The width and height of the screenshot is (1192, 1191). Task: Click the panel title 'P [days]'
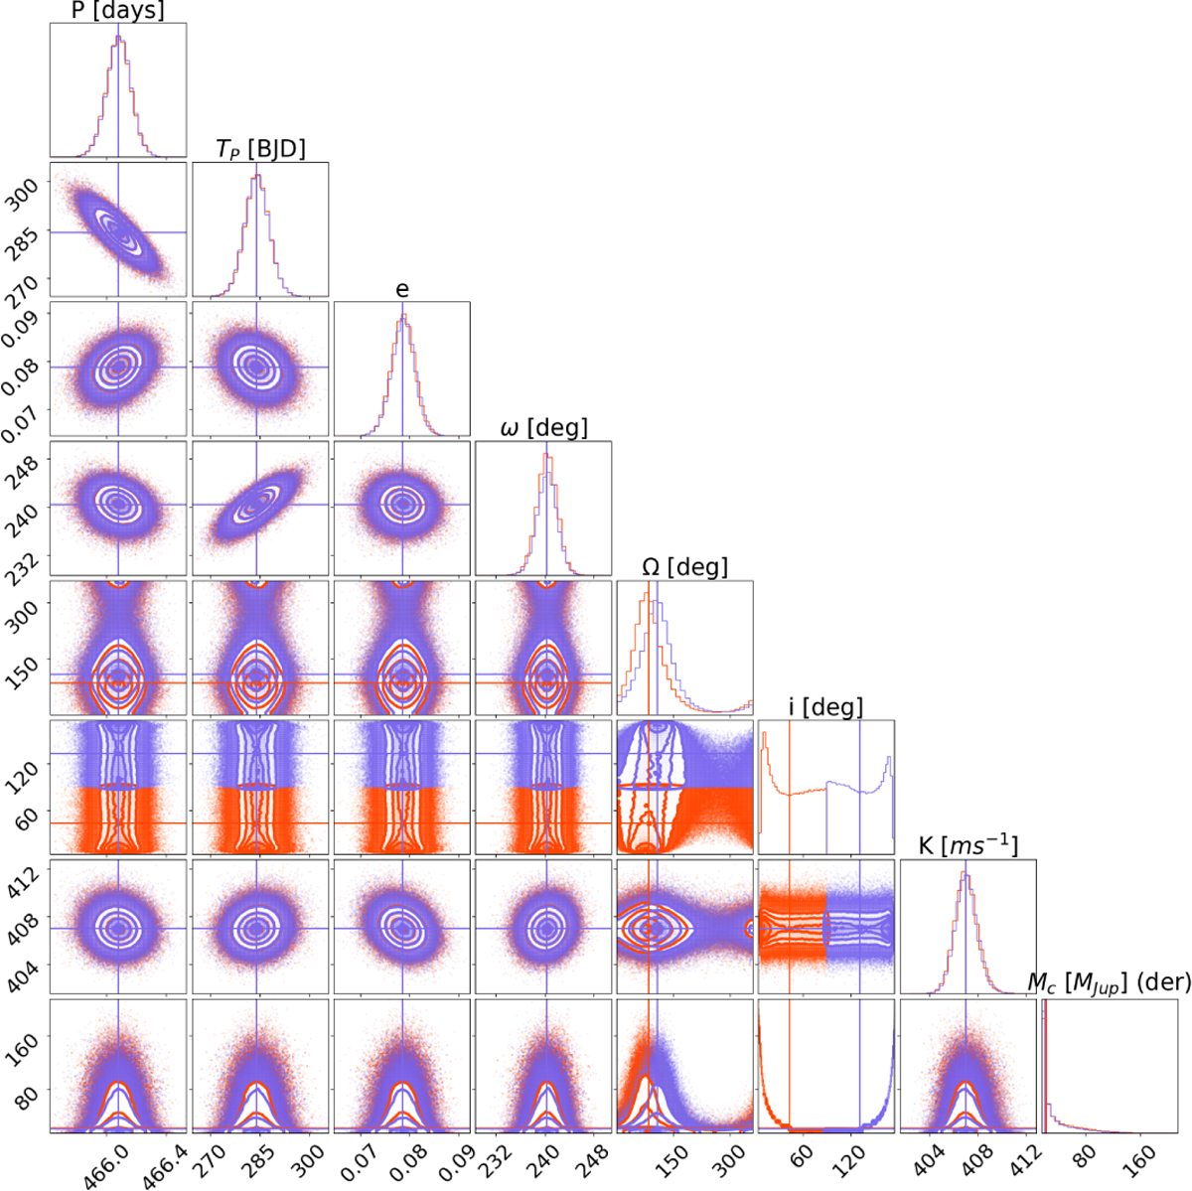[118, 11]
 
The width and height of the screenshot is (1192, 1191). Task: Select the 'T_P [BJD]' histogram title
[259, 149]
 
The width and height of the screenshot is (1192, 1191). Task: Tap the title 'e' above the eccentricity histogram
[401, 289]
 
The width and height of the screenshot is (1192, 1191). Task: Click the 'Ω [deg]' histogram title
[684, 567]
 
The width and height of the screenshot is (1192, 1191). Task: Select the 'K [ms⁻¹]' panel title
[967, 846]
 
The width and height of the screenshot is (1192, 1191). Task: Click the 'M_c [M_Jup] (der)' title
[1109, 983]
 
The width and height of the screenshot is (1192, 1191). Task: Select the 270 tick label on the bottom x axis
[212, 1155]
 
